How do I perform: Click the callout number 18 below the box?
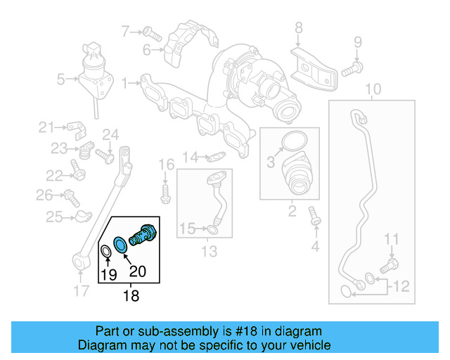click(131, 297)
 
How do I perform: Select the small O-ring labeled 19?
click(106, 252)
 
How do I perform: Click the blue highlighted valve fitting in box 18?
click(145, 234)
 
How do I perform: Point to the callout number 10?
click(373, 89)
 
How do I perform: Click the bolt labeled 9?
click(353, 70)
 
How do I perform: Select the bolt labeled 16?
click(166, 191)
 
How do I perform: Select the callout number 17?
click(82, 289)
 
